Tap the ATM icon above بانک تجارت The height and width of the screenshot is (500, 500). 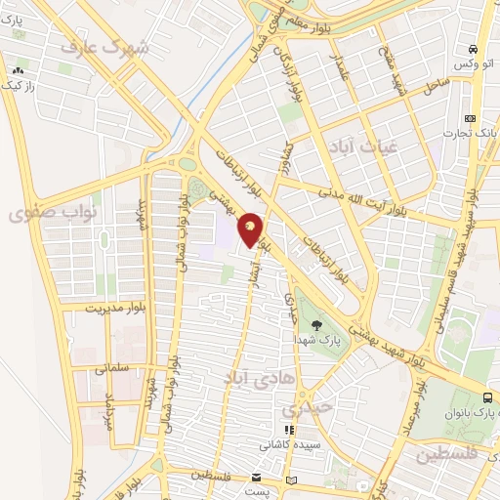click(x=471, y=117)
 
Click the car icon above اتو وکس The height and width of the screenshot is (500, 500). click(x=473, y=49)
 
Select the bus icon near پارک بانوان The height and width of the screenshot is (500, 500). click(x=486, y=397)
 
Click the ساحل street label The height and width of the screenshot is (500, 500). click(x=435, y=87)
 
